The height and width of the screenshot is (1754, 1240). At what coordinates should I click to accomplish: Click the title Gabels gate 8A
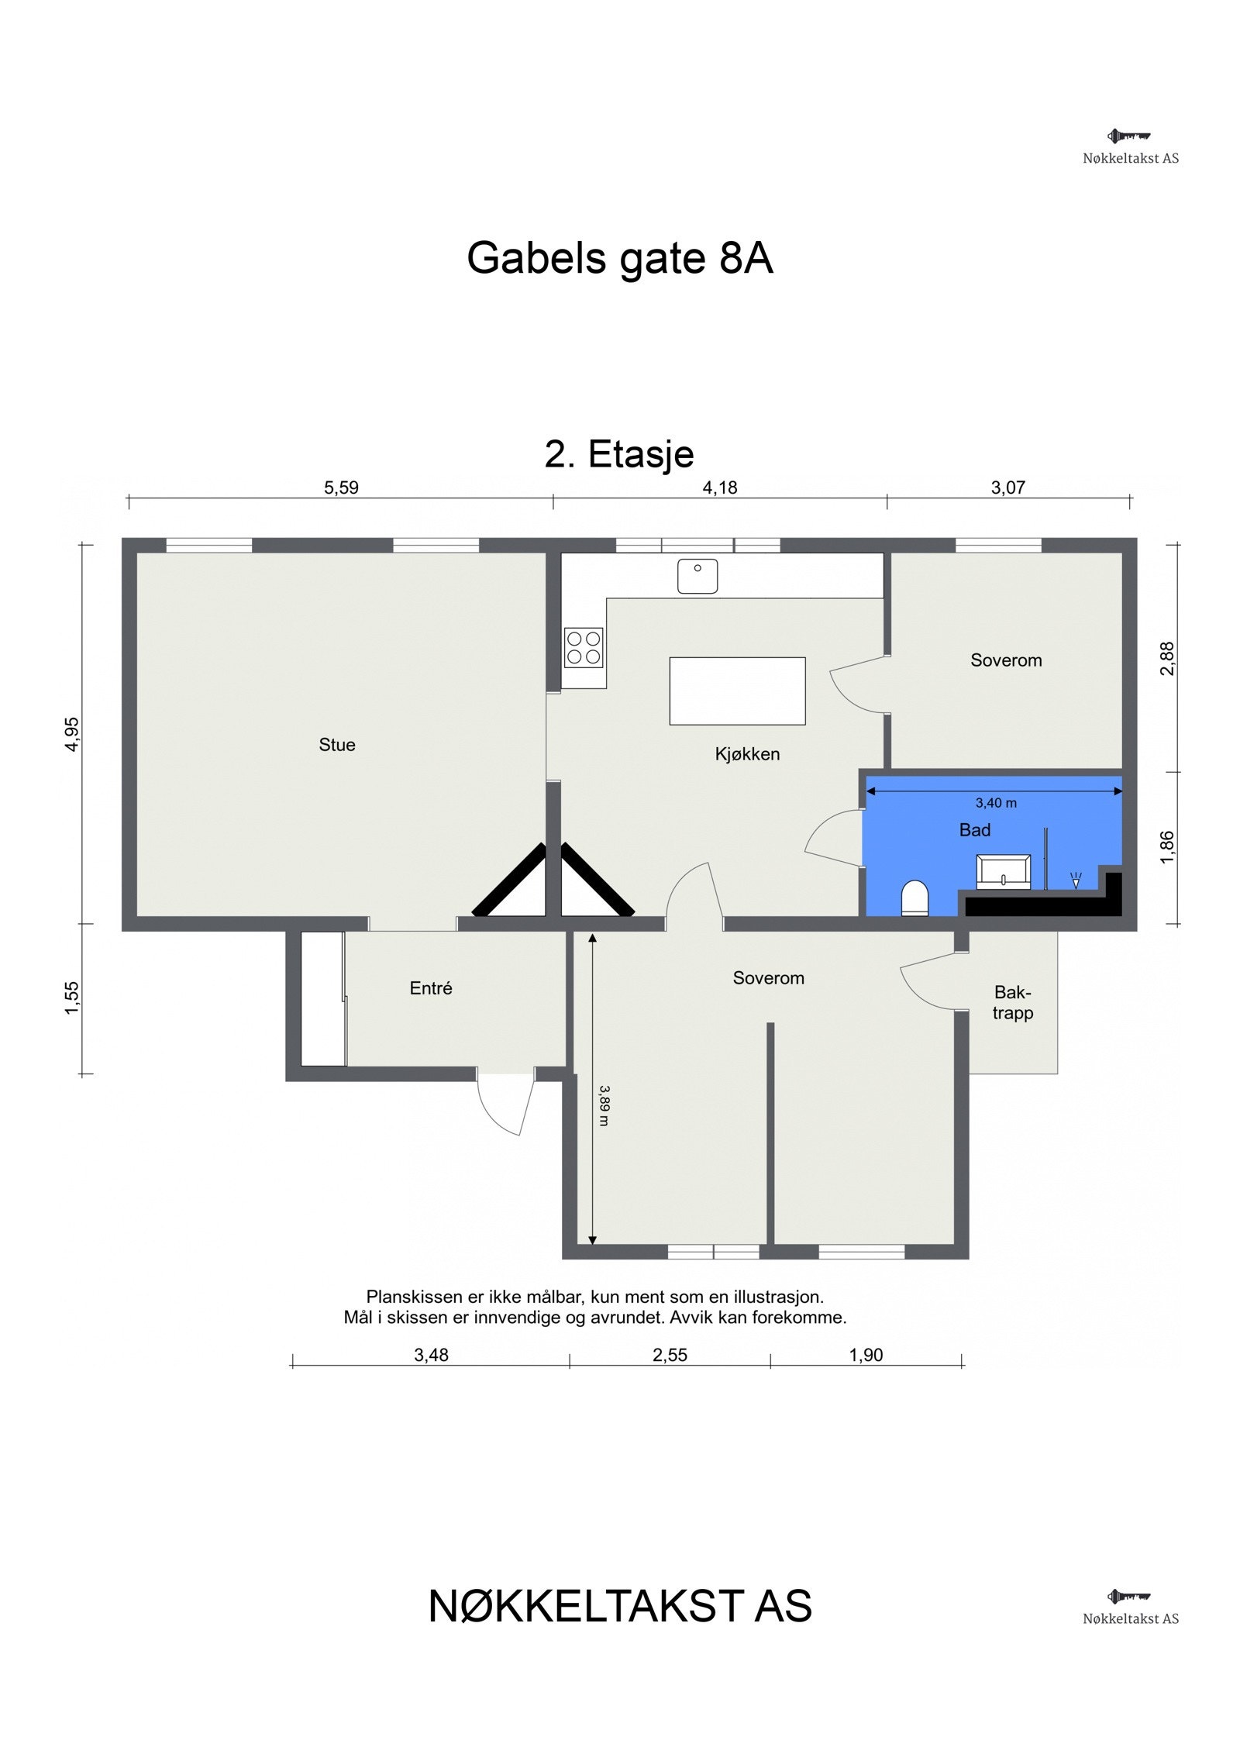[619, 258]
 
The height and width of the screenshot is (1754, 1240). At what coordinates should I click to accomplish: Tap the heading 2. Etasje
[618, 454]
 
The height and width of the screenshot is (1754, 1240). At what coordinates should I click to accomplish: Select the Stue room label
[337, 745]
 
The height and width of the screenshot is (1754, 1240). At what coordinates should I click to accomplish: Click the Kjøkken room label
[747, 754]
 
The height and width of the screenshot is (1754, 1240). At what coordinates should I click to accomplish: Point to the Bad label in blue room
[974, 830]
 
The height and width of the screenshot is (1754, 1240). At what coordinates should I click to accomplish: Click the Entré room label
[431, 988]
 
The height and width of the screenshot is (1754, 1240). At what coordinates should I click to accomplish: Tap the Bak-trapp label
[1012, 1002]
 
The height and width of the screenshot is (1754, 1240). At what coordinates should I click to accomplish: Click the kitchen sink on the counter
[697, 576]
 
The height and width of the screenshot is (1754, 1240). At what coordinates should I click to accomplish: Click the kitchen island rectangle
[737, 691]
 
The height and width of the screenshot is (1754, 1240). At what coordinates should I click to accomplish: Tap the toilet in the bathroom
[914, 899]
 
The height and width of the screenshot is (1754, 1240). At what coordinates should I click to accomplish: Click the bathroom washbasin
[1003, 872]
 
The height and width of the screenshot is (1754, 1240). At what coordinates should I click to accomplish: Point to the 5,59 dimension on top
[341, 488]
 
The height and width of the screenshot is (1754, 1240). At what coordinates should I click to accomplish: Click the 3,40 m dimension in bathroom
[996, 803]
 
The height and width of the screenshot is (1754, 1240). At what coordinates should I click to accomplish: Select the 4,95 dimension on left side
[71, 733]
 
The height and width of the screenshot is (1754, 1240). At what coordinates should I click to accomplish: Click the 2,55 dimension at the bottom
[670, 1355]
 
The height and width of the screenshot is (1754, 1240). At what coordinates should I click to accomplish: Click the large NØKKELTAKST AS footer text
[619, 1606]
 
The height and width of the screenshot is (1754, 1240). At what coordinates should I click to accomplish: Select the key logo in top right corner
[1128, 136]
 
